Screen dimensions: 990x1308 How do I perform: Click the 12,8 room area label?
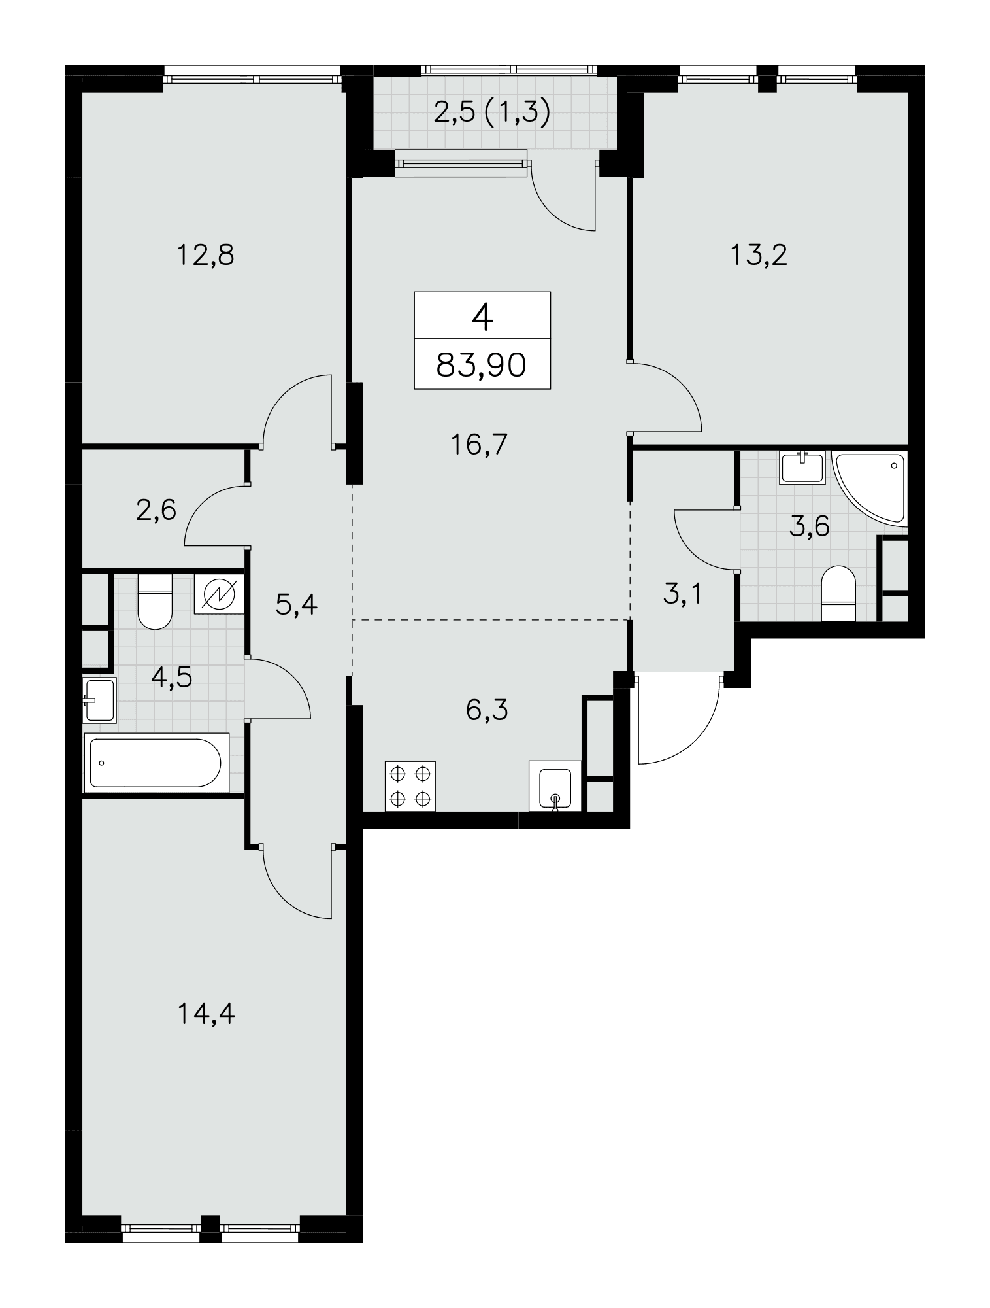tap(205, 254)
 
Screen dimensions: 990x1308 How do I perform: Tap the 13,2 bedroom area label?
tap(759, 254)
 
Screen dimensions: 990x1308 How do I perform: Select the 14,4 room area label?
tap(206, 1014)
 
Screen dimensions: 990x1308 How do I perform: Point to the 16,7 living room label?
tap(479, 445)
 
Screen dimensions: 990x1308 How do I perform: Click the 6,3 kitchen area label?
tap(487, 709)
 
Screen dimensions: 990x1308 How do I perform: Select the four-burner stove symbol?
tap(410, 785)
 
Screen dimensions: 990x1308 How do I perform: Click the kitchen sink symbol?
tap(555, 785)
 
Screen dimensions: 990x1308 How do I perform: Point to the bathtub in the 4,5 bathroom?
tap(156, 763)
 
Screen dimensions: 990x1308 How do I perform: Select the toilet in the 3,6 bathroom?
tap(838, 593)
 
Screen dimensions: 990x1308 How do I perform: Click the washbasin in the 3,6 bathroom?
tap(802, 468)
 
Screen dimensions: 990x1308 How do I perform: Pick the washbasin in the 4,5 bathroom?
tap(99, 700)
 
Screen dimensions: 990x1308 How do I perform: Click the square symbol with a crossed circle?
tap(219, 594)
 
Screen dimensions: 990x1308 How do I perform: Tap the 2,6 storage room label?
tap(156, 509)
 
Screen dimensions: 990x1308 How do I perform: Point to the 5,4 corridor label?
tap(297, 605)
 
